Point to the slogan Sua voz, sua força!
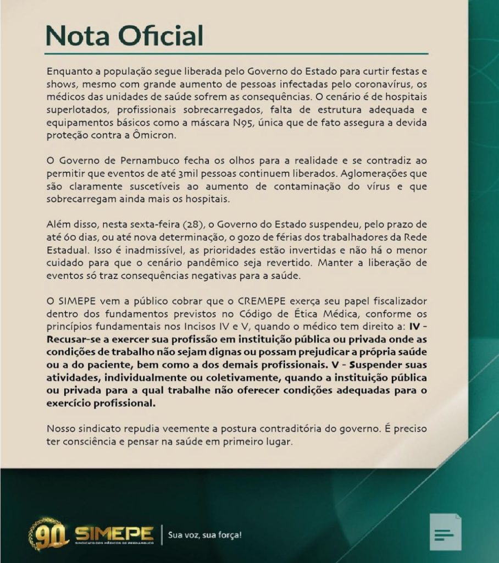[x=204, y=534]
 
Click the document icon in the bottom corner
[x=445, y=532]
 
